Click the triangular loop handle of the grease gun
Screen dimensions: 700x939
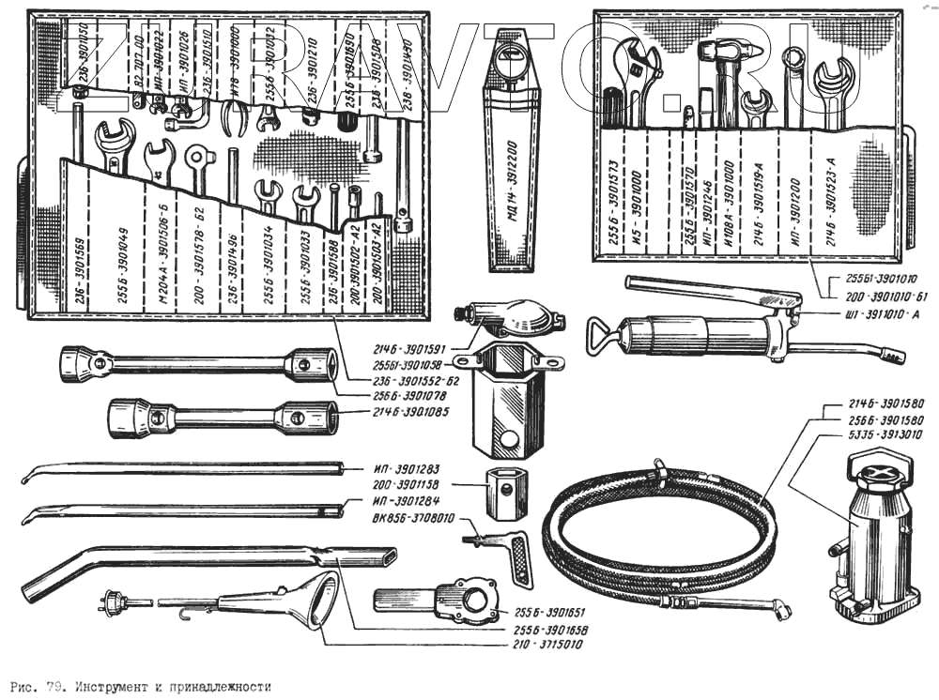click(602, 332)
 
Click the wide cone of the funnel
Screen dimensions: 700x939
click(319, 600)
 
